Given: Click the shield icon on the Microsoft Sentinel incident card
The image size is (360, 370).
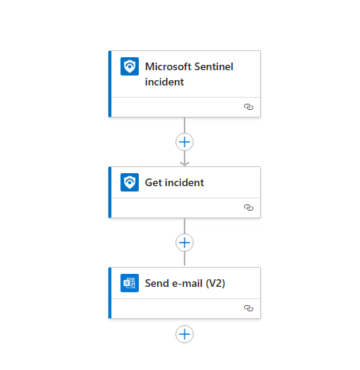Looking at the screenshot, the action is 130,66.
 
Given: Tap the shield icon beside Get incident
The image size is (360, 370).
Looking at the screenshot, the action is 130,182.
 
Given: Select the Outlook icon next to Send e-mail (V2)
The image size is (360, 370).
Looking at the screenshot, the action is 130,283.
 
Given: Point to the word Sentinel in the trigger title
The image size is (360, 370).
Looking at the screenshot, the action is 214,66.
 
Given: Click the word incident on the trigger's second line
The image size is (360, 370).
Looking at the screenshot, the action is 165,82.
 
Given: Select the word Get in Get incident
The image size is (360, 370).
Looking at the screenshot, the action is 154,182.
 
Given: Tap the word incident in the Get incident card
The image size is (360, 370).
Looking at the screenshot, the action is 185,182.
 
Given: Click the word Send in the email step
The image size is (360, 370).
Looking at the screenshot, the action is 157,283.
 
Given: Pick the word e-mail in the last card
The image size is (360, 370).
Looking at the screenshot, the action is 188,283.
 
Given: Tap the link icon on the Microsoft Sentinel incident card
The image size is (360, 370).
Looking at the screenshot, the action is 249,107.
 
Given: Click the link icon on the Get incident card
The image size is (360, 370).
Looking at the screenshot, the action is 249,208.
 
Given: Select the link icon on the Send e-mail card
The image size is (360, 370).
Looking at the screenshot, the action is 249,308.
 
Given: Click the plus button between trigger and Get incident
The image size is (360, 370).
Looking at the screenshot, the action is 185,142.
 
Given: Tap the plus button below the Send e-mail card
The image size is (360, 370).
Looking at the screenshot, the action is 185,334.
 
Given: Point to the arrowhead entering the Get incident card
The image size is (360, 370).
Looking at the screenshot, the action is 185,164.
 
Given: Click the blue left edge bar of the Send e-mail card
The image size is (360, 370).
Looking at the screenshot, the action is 110,293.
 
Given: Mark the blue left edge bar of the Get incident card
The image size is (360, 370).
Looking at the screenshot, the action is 110,192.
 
